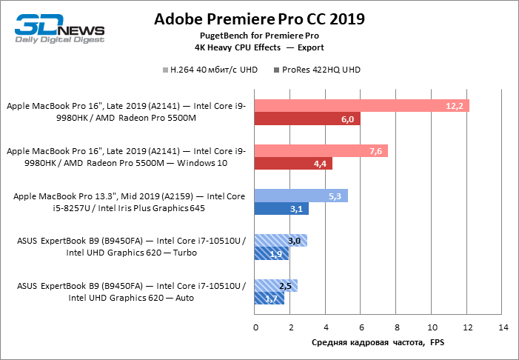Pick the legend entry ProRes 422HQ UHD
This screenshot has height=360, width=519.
tap(319, 70)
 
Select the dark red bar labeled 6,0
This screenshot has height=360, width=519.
tap(307, 119)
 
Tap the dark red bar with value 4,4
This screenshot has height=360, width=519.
tap(293, 164)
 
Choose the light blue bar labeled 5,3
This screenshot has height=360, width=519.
tap(301, 196)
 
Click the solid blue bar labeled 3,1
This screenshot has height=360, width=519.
tap(281, 209)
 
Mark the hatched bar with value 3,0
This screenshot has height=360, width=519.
tap(281, 240)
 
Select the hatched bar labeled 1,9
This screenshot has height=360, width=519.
tap(271, 253)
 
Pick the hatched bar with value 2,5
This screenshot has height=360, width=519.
tap(276, 285)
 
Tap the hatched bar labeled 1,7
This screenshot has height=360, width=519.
tap(269, 299)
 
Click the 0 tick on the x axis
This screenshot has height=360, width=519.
tap(255, 327)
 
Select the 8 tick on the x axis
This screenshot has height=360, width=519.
tap(397, 327)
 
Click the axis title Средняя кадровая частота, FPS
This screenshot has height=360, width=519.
tap(378, 343)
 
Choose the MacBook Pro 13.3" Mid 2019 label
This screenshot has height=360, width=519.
tap(130, 202)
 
